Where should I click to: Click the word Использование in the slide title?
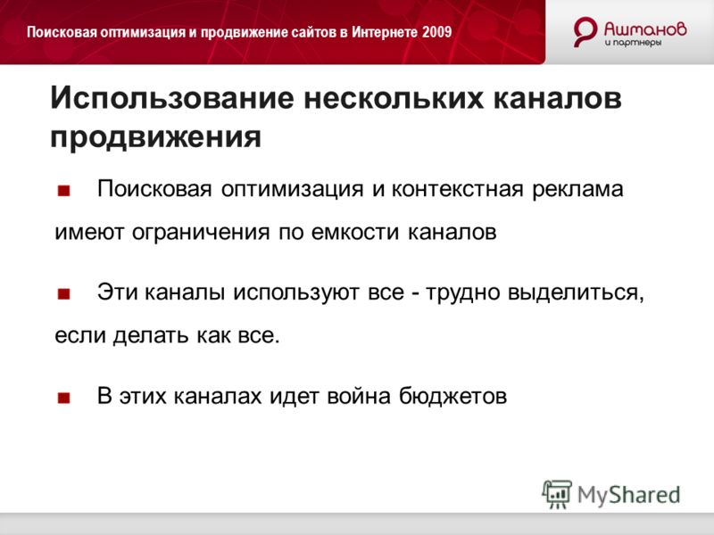coord(172,97)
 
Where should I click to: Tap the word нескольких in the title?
coord(394,97)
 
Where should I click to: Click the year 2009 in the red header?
coord(436,32)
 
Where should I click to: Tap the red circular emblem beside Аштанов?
coord(585,31)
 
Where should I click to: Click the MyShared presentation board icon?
coord(557,494)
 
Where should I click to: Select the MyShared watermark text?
coord(629,495)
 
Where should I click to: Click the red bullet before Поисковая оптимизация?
coord(63,191)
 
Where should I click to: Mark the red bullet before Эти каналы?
coord(63,294)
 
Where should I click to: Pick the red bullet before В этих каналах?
coord(63,398)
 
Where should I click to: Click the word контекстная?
coord(457,189)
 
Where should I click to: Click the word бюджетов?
coord(453,396)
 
